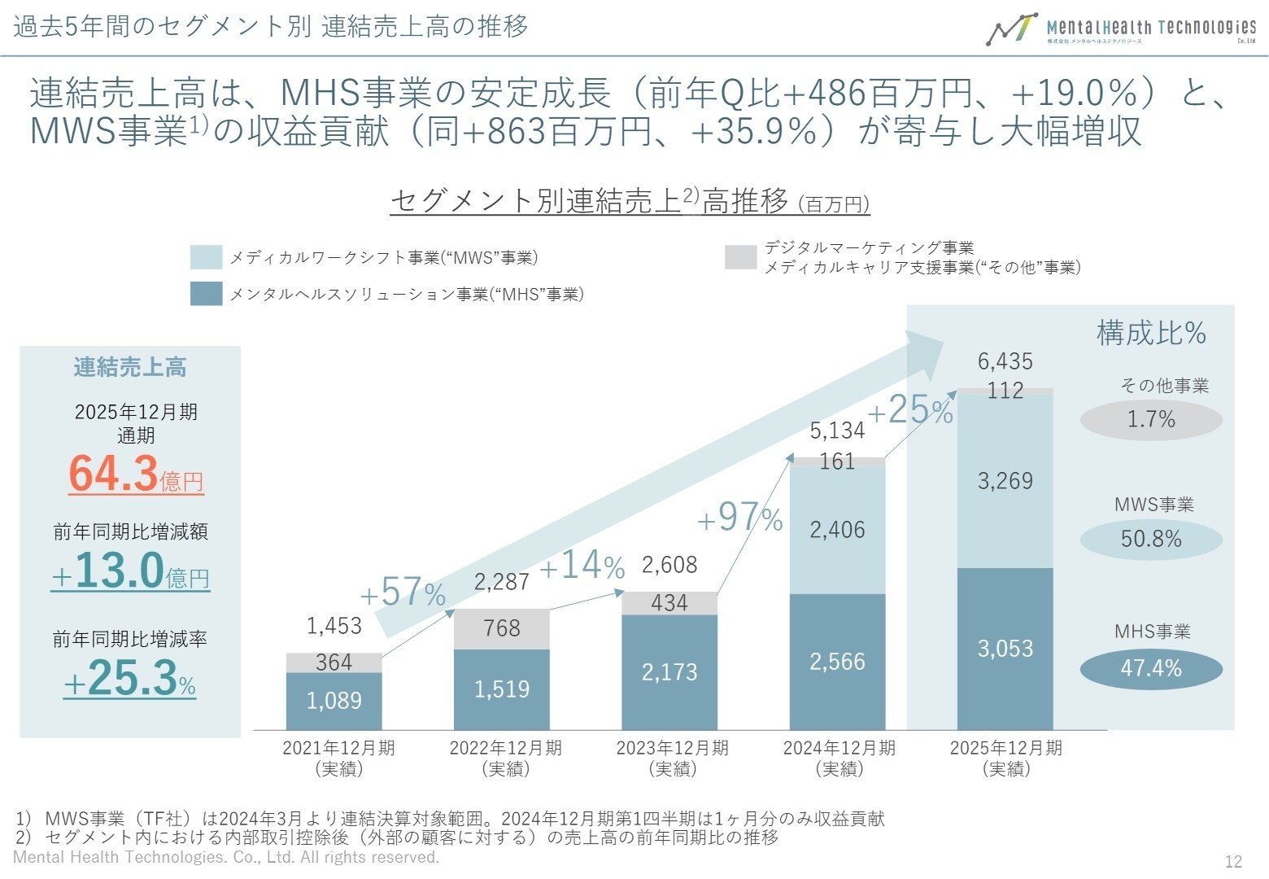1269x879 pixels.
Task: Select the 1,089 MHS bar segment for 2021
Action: tap(334, 701)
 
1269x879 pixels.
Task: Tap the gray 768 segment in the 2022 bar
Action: tap(501, 628)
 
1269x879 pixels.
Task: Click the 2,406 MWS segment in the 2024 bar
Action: tap(837, 530)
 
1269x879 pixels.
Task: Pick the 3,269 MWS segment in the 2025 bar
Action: tap(1005, 481)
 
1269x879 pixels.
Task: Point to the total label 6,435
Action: tap(1005, 361)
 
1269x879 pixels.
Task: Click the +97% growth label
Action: tap(739, 518)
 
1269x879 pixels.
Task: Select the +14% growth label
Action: tap(582, 566)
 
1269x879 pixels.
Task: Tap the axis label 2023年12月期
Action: tap(672, 748)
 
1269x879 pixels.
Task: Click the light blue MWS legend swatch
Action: tap(206, 257)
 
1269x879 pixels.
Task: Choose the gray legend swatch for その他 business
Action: tap(740, 257)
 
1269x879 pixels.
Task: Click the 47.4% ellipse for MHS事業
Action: tap(1151, 669)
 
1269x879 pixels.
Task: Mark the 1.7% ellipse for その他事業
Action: tap(1151, 420)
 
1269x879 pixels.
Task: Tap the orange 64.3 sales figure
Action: tap(114, 473)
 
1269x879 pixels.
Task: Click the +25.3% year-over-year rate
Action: tap(130, 678)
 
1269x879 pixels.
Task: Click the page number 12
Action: tap(1233, 861)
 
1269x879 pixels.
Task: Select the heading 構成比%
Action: tap(1151, 333)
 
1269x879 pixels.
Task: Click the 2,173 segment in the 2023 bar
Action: tap(669, 672)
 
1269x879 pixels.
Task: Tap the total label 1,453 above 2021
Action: tap(334, 626)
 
